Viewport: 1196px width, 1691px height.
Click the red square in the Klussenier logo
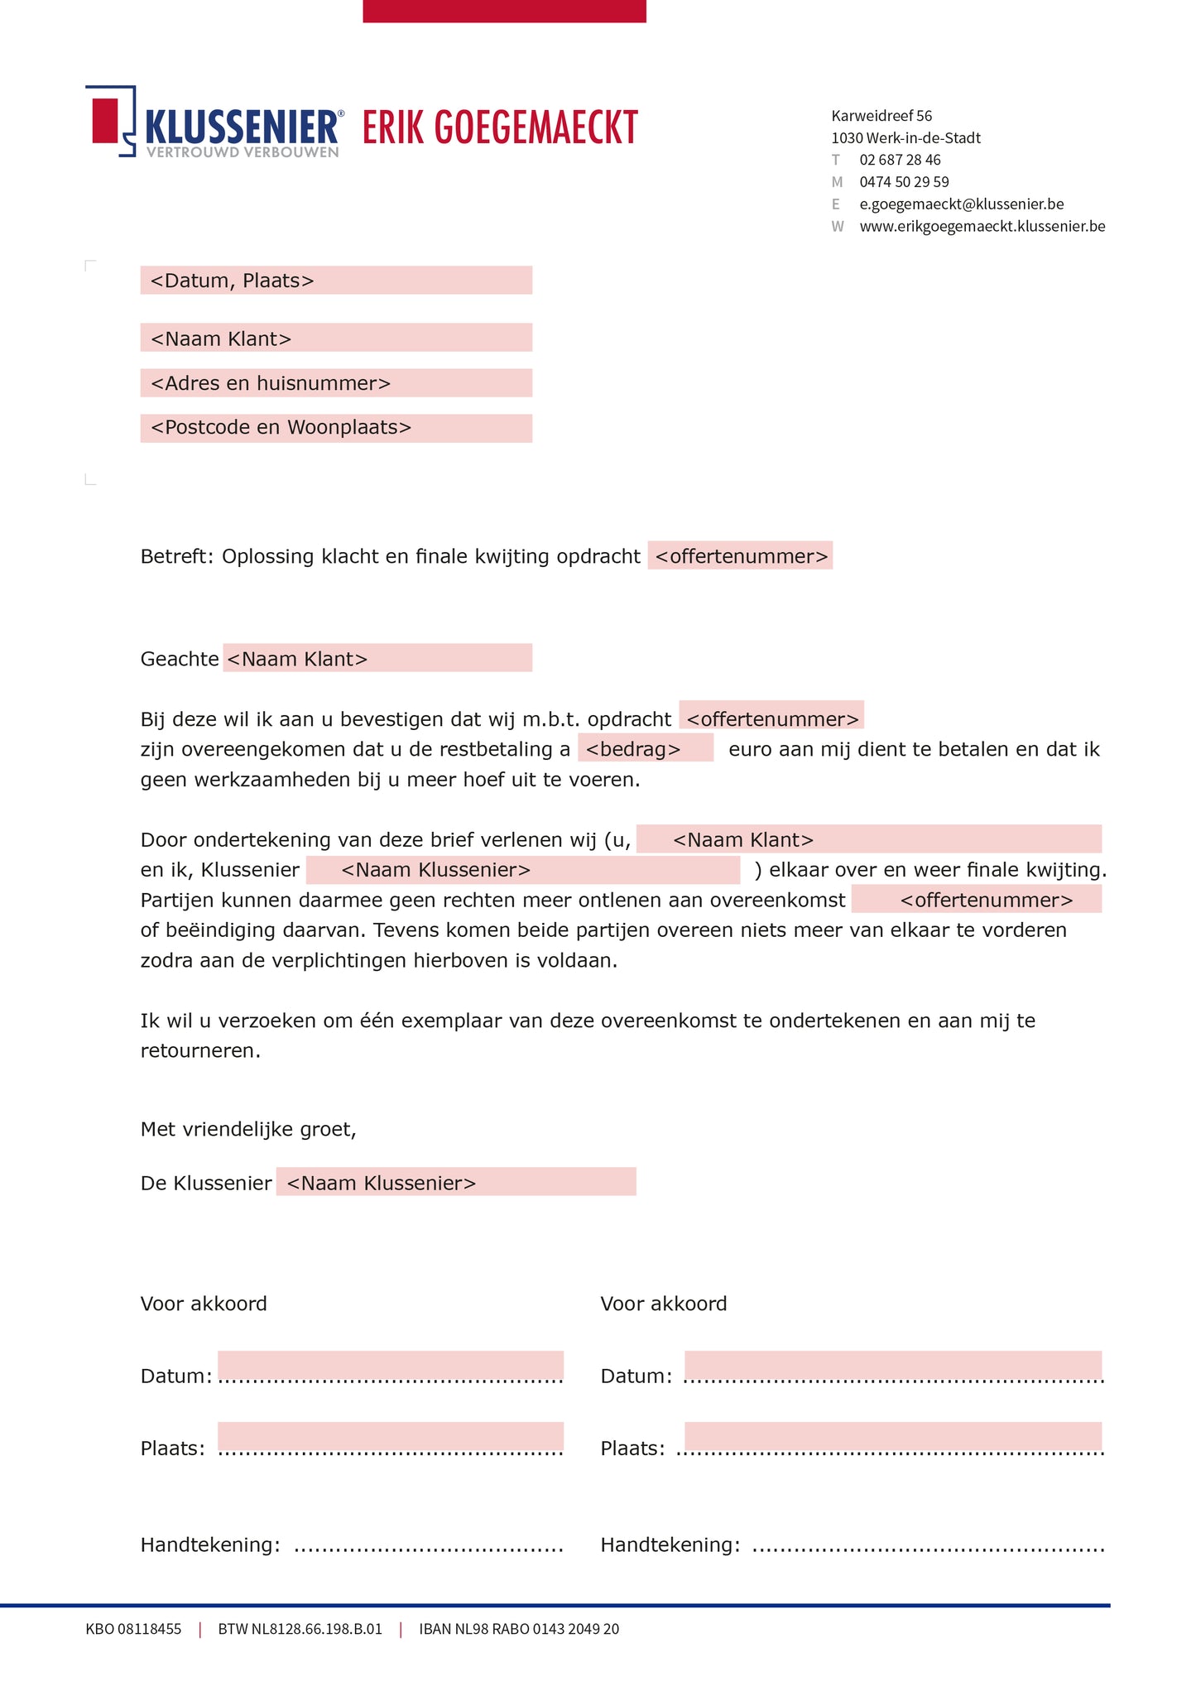pyautogui.click(x=105, y=121)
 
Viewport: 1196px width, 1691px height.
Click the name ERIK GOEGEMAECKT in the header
pyautogui.click(x=500, y=127)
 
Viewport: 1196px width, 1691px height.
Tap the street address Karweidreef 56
pyautogui.click(x=881, y=116)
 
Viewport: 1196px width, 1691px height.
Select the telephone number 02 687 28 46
pyautogui.click(x=900, y=160)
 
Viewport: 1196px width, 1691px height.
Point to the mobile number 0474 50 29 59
pyautogui.click(x=904, y=182)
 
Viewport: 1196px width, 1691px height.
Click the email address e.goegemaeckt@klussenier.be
pyautogui.click(x=961, y=204)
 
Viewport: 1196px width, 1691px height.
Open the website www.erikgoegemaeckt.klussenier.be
pyautogui.click(x=982, y=227)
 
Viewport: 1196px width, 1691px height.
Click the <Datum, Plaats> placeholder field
pyautogui.click(x=335, y=281)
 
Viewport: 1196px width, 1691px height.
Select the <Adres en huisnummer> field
pyautogui.click(x=335, y=383)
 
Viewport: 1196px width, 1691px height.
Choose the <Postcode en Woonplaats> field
pyautogui.click(x=335, y=428)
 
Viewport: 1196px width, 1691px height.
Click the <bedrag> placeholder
pyautogui.click(x=645, y=749)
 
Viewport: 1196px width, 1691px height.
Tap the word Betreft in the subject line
pyautogui.click(x=175, y=556)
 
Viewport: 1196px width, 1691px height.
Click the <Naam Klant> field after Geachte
pyautogui.click(x=377, y=659)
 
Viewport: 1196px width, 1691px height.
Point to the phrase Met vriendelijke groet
pyautogui.click(x=248, y=1129)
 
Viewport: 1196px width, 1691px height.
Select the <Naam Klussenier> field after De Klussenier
pyautogui.click(x=455, y=1183)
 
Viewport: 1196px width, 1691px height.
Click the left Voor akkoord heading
pyautogui.click(x=204, y=1304)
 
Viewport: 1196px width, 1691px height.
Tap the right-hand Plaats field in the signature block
pyautogui.click(x=892, y=1438)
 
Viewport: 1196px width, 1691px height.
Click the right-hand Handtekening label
pyautogui.click(x=669, y=1544)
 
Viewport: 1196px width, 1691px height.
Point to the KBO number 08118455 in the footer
pyautogui.click(x=133, y=1629)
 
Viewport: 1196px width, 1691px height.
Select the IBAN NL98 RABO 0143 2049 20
pyautogui.click(x=519, y=1629)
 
